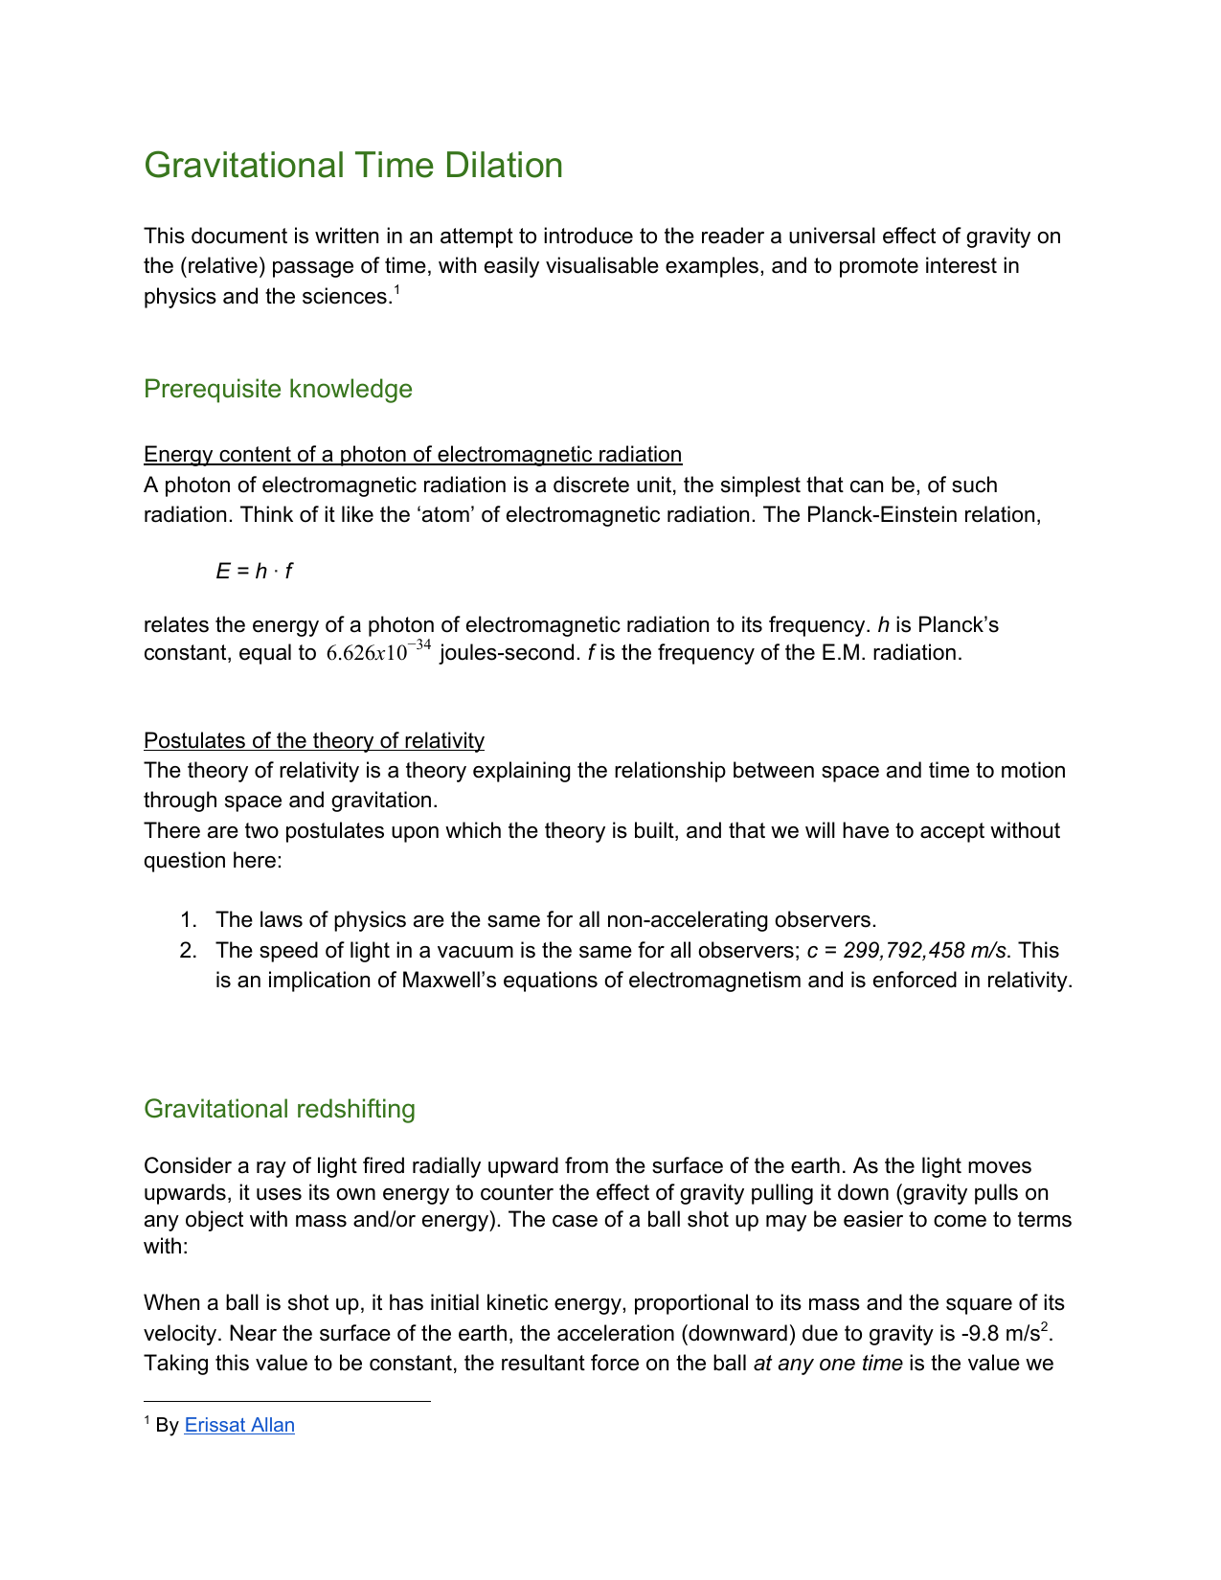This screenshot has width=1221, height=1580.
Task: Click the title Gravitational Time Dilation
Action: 353,166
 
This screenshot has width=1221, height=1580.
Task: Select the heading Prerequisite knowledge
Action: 278,389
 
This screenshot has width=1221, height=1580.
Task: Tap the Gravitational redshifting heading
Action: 280,1109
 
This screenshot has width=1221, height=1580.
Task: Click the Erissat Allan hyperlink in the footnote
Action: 239,1425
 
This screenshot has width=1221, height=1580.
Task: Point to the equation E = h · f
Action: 254,572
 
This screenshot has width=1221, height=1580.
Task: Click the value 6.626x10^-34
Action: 378,653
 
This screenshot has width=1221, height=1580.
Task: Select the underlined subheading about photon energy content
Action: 413,454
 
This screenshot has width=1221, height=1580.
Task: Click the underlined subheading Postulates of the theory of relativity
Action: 314,740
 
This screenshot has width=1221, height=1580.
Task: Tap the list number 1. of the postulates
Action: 189,920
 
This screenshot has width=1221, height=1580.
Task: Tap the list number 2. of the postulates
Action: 189,951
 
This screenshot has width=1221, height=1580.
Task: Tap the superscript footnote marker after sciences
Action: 396,291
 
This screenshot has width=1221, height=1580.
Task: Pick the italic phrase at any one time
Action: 828,1364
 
